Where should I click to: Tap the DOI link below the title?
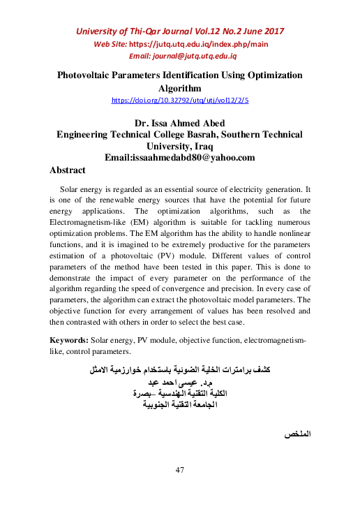point(180,101)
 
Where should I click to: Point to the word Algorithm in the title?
point(180,88)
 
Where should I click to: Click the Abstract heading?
point(68,170)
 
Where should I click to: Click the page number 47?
point(179,470)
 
